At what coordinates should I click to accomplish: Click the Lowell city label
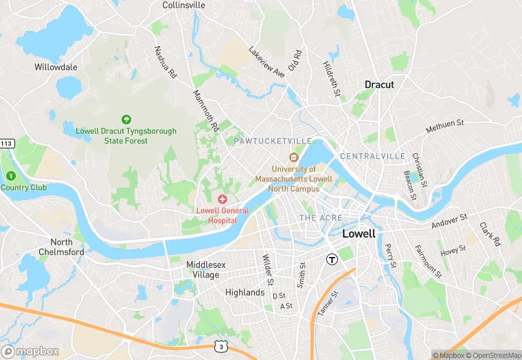click(359, 234)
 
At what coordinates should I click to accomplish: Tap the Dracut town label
click(379, 85)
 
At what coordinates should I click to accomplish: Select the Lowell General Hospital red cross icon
click(222, 199)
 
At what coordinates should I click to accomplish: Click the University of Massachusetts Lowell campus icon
click(294, 158)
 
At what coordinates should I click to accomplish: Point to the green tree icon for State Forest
click(126, 120)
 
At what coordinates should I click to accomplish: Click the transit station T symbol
click(332, 259)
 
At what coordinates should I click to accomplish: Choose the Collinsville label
click(183, 5)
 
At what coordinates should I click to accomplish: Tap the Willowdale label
click(56, 67)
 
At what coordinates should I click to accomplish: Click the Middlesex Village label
click(203, 269)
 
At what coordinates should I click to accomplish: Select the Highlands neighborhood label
click(245, 292)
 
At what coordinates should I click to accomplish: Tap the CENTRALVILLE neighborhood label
click(372, 156)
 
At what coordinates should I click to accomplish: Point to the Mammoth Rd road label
click(205, 111)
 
